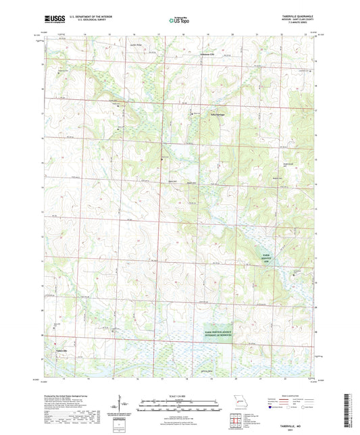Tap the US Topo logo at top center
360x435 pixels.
[x=180, y=20]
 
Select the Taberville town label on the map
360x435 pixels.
[x=61, y=351]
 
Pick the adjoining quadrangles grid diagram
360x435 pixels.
[x=238, y=418]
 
